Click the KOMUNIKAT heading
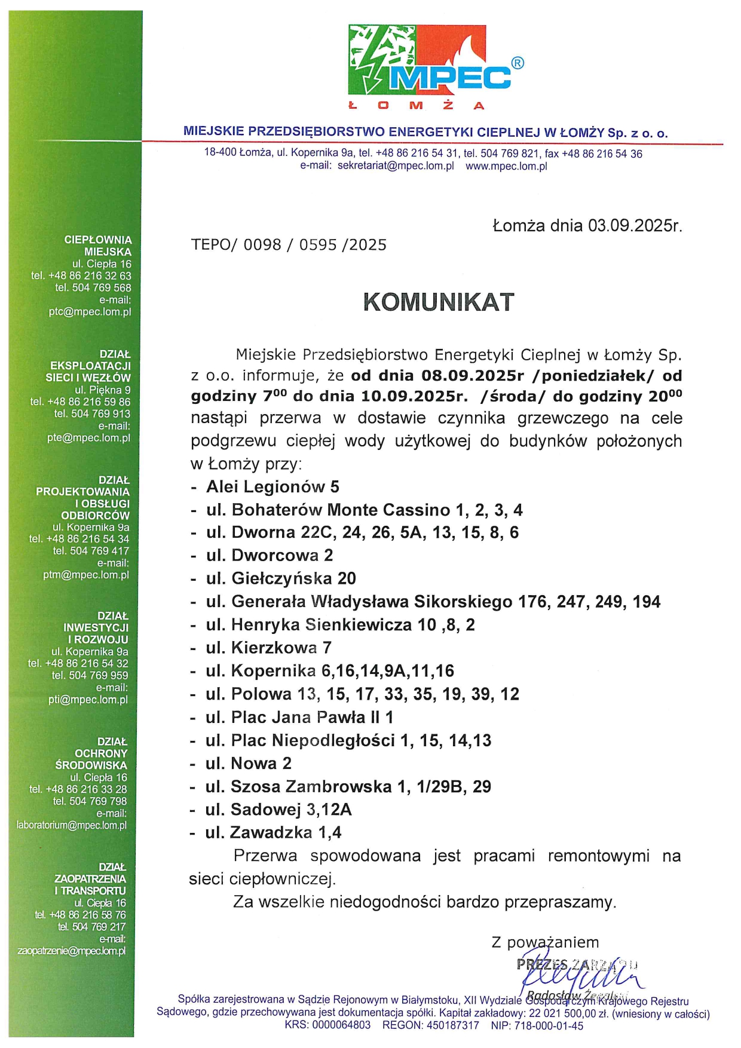click(x=439, y=302)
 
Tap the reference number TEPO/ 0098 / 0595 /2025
click(x=289, y=245)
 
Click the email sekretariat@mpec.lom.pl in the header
click(x=396, y=166)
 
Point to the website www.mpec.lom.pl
click(x=506, y=166)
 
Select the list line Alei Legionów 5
click(x=272, y=487)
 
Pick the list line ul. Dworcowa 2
click(x=270, y=556)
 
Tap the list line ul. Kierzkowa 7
click(x=268, y=648)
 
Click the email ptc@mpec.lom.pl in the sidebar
click(x=90, y=312)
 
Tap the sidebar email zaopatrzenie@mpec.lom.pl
click(x=72, y=951)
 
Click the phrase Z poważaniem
click(x=545, y=942)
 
